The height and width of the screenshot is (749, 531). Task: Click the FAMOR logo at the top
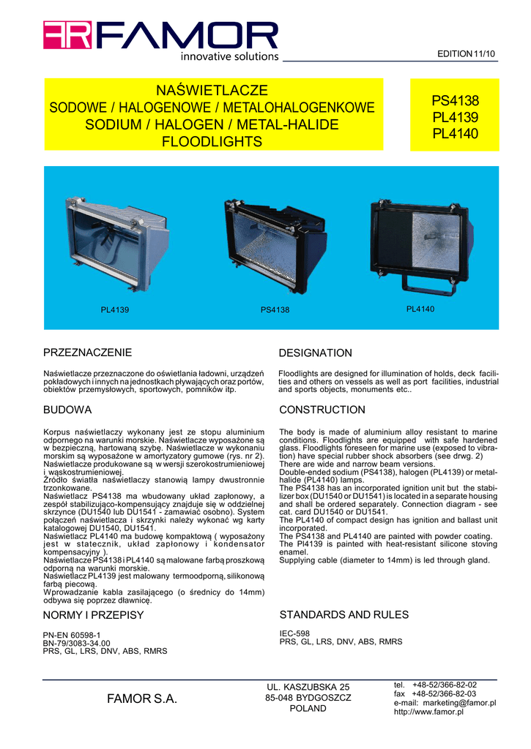[160, 38]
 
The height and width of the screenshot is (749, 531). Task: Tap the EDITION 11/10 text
[467, 55]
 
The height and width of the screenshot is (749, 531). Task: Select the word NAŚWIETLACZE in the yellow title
[212, 91]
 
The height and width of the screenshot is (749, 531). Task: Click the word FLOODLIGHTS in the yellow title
[212, 141]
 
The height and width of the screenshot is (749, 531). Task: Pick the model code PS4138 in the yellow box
[454, 101]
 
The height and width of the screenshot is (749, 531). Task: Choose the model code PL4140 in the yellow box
[454, 134]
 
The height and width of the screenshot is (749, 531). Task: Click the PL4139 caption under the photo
[114, 310]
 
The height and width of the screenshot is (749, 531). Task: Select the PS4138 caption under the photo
[275, 310]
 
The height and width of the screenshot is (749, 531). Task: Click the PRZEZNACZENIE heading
[88, 353]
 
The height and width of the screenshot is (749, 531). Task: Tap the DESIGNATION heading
[315, 353]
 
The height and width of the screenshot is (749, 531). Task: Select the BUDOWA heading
[68, 410]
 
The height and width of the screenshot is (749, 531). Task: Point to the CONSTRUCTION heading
[322, 410]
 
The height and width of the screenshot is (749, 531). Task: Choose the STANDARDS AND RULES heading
[344, 614]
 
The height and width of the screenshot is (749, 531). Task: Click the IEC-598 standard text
[295, 633]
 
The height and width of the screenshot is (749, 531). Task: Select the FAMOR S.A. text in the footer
[142, 699]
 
